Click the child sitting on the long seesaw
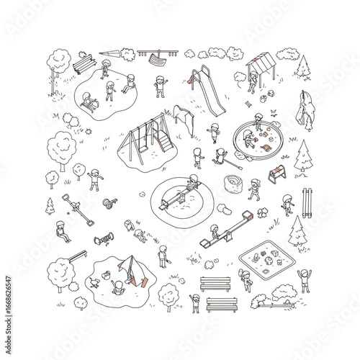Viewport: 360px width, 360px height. tap(215, 232)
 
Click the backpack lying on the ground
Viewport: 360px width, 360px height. tap(129, 225)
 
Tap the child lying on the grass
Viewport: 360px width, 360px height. tap(141, 233)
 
